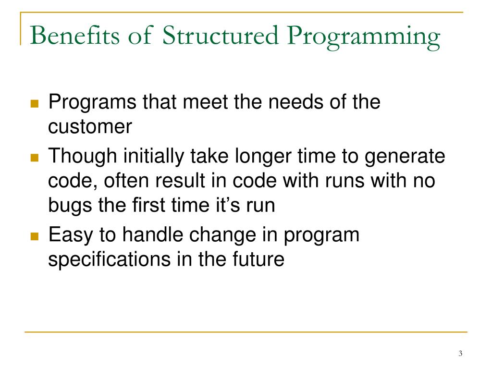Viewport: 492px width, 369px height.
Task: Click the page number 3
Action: [460, 354]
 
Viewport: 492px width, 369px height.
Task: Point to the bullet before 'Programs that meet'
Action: [34, 104]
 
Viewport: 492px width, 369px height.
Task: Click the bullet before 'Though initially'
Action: [34, 158]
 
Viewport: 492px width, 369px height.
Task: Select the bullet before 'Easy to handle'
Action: [34, 236]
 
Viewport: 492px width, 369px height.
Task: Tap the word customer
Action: [90, 127]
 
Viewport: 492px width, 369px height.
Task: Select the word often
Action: [123, 181]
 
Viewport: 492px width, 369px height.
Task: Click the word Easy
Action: [72, 236]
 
